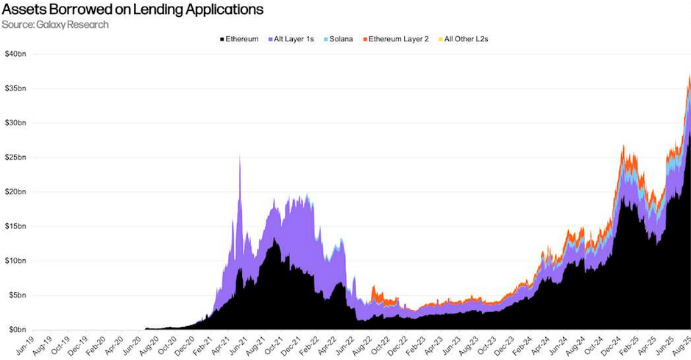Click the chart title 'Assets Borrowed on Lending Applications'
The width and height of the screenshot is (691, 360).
tap(133, 10)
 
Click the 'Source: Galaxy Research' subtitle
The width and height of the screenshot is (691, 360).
tap(56, 25)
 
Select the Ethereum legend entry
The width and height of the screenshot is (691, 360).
tap(238, 38)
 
